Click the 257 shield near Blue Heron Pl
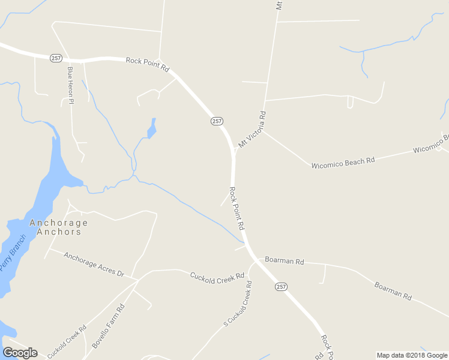pos(56,58)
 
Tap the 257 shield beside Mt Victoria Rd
pos(217,121)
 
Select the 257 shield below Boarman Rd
pos(281,287)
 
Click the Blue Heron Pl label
pos(70,85)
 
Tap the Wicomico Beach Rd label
pos(343,162)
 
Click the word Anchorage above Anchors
pos(58,223)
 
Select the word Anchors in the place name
pos(59,232)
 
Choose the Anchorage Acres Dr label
pos(94,265)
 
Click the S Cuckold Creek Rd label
pos(238,303)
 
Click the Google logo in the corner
pos(20,353)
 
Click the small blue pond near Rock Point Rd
pos(152,128)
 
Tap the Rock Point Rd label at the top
pos(148,64)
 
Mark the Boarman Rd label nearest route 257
pos(286,262)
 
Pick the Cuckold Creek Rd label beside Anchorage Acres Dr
pos(217,276)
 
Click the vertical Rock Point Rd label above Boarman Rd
pos(237,208)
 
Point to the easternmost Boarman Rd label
pos(393,291)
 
